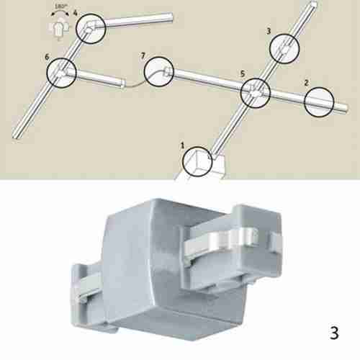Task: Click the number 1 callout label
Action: point(184,145)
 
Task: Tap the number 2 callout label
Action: point(307,83)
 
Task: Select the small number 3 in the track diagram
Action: point(269,32)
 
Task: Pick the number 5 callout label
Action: point(243,74)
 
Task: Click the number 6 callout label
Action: point(48,55)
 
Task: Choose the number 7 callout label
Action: point(143,55)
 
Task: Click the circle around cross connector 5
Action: point(255,93)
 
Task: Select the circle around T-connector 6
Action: point(62,72)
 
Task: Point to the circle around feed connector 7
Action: point(158,73)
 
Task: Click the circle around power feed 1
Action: point(197,160)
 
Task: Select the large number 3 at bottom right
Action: point(333,333)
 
